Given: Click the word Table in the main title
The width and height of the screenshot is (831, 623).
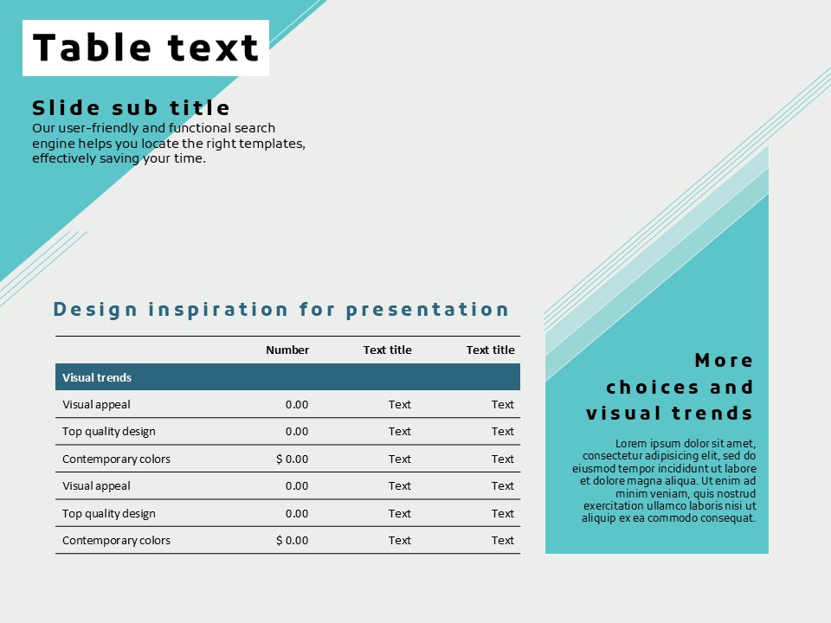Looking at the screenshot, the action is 93,47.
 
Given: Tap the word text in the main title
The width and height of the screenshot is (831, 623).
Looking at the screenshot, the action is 213,48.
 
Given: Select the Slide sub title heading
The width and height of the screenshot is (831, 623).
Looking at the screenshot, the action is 131,107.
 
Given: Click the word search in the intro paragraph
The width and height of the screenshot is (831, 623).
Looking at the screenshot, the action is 255,128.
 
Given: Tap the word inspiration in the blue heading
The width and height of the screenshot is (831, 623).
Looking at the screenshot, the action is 218,310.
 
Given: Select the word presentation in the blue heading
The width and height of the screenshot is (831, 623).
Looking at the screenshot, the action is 428,310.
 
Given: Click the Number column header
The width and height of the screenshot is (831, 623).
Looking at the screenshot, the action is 287,350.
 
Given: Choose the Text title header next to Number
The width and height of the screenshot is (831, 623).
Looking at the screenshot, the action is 388,350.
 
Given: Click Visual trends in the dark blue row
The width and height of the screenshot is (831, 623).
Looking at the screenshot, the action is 97,378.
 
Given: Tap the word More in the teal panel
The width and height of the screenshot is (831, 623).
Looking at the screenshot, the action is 724,361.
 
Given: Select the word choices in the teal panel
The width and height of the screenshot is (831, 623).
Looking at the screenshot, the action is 653,388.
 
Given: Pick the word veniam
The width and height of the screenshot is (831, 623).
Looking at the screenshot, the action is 671,494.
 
